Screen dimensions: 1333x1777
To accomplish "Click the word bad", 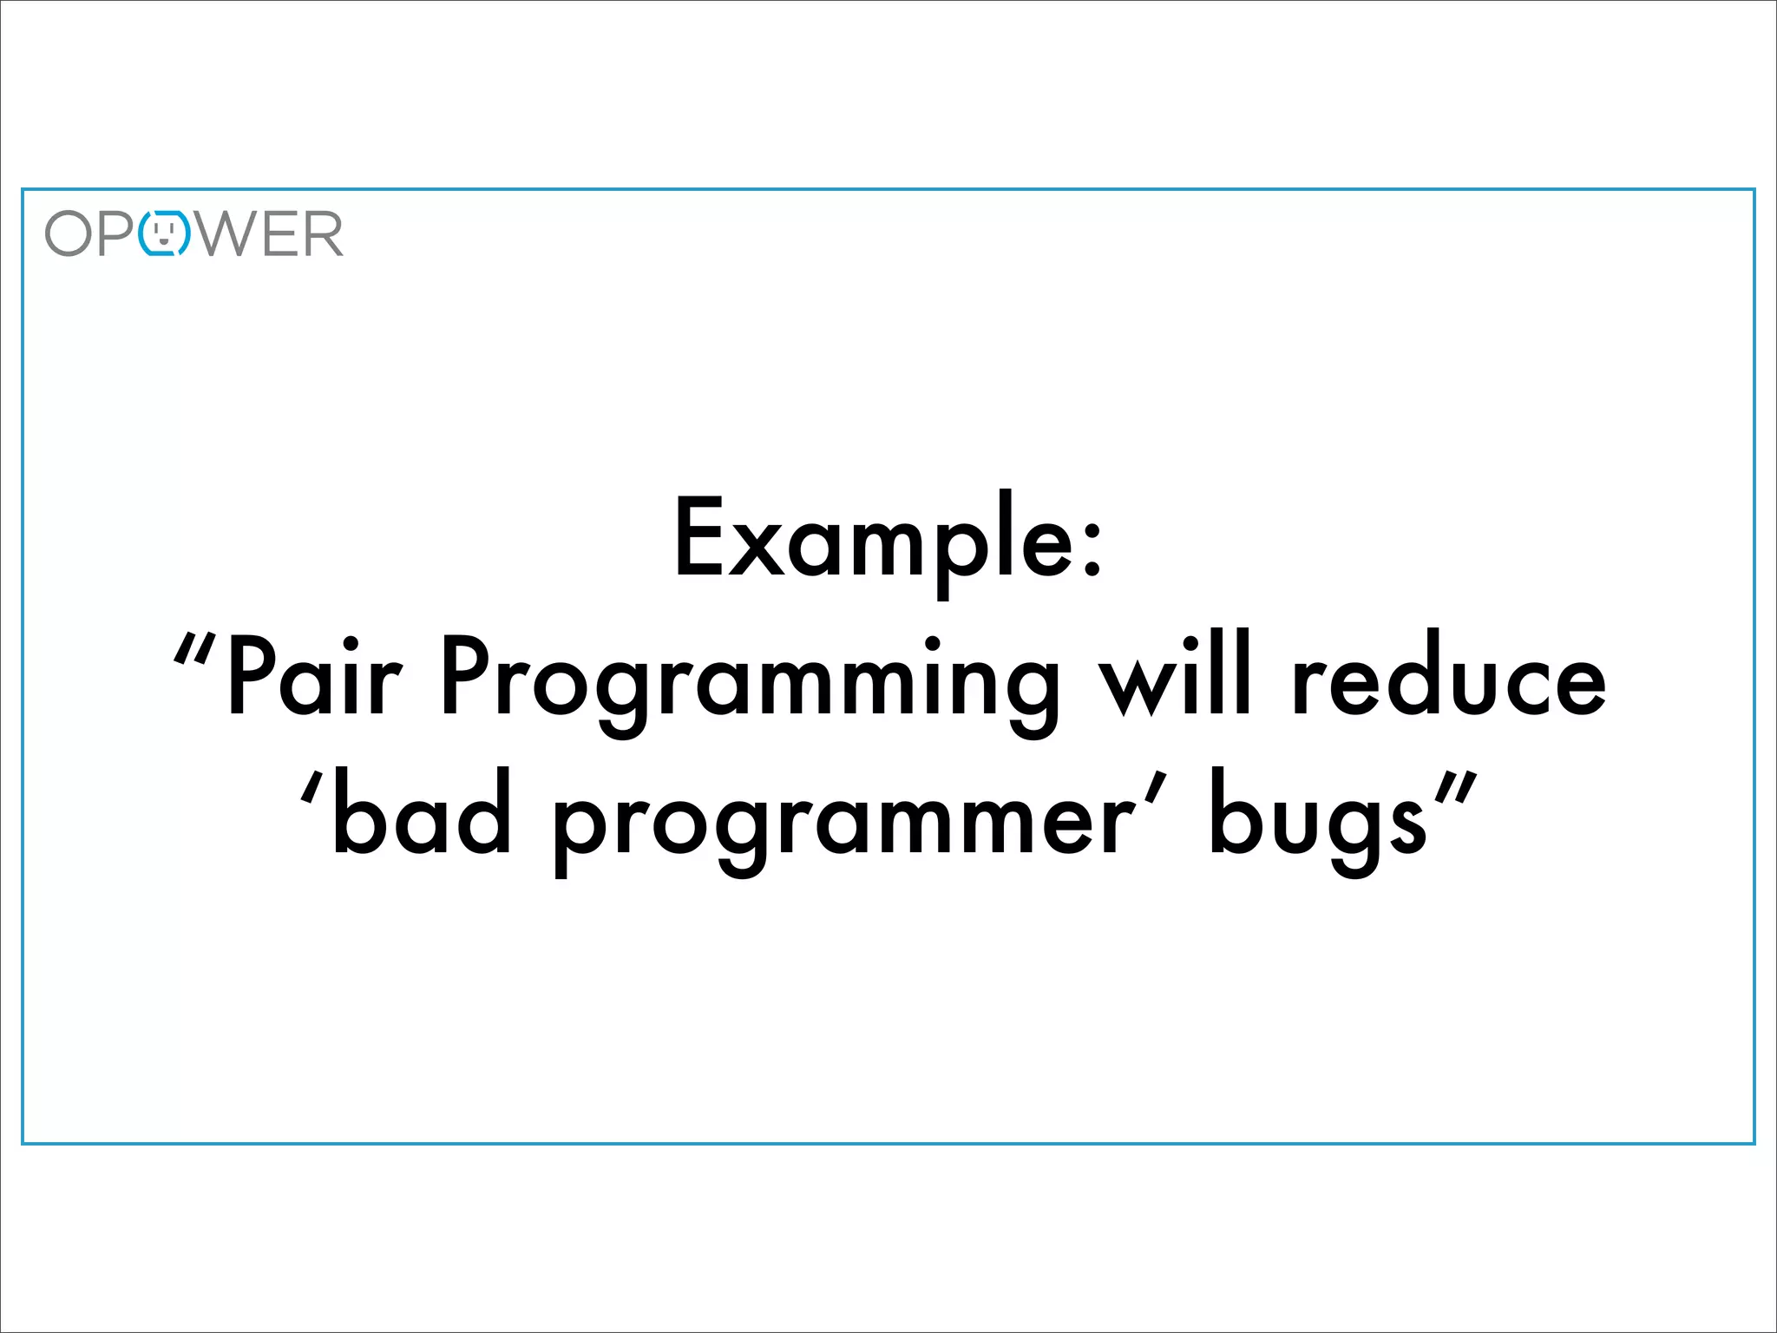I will pos(422,812).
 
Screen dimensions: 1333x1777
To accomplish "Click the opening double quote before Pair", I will pos(193,649).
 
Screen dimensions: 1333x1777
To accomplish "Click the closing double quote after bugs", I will pos(1454,788).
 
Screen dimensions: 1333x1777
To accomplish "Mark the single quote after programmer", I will pos(1152,788).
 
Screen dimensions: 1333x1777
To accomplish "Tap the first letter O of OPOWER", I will pos(69,233).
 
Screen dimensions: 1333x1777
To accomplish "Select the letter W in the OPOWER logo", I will pos(226,233).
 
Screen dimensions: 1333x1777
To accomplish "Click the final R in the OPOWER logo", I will pos(323,233).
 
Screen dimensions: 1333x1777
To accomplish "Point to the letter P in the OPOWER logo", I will pos(116,233).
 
